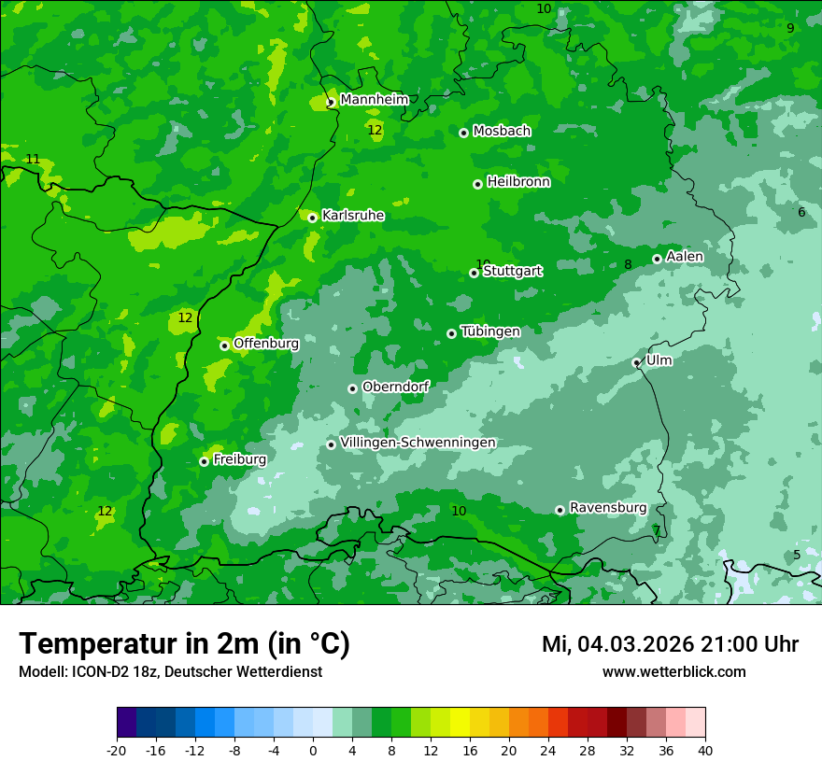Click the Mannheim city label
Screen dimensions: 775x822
point(374,99)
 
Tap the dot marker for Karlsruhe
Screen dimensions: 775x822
point(312,218)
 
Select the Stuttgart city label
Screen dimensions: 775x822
point(512,271)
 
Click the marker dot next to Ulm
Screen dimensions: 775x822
point(636,362)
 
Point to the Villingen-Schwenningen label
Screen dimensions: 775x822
point(418,442)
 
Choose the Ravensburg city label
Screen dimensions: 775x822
point(607,507)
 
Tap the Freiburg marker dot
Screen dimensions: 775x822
point(204,461)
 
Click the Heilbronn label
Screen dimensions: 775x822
point(517,181)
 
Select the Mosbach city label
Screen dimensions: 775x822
point(501,131)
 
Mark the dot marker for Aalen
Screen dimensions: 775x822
point(657,259)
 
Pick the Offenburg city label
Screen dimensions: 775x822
point(265,343)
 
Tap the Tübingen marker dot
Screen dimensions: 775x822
point(451,333)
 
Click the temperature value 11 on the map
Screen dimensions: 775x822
point(33,160)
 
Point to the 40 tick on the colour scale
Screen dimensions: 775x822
point(704,750)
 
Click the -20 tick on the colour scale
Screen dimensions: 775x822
point(116,750)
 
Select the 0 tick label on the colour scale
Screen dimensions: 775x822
point(312,750)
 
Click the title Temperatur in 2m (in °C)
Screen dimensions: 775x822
point(184,644)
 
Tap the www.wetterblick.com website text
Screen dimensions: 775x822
point(673,671)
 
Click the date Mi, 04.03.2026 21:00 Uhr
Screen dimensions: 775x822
point(669,644)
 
